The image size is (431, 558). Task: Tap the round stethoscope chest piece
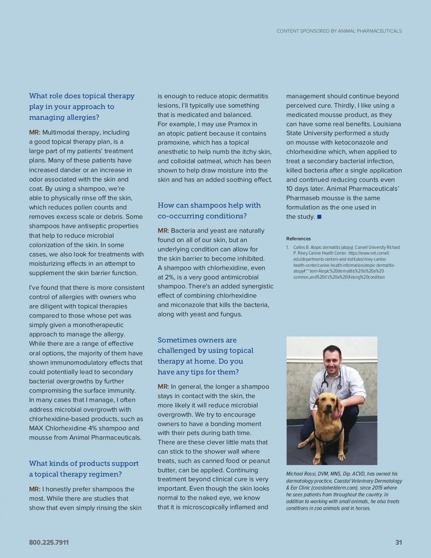[339, 387]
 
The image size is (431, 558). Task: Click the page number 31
[398, 542]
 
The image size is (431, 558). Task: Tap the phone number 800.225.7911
[49, 542]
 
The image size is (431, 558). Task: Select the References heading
[298, 238]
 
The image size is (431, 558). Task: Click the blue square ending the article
[319, 217]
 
